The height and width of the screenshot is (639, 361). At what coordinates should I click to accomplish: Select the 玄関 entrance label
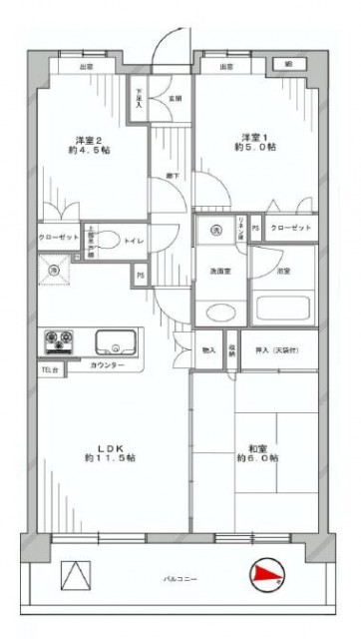pos(176,98)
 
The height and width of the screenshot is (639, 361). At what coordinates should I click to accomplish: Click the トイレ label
pos(131,240)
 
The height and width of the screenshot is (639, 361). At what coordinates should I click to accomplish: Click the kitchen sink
pos(117,343)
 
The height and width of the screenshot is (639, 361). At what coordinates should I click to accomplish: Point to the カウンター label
pos(107,367)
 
